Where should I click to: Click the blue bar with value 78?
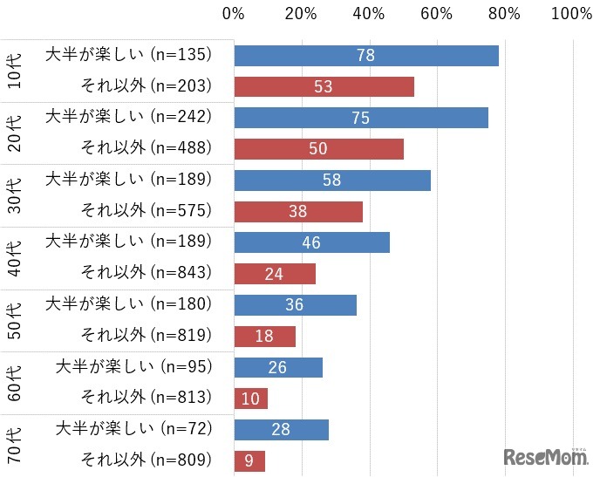coord(366,56)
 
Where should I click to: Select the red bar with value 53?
coord(324,87)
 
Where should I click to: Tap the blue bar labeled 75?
coord(361,118)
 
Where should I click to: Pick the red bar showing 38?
coord(298,212)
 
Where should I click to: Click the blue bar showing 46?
coord(311,242)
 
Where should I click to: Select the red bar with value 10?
coord(251,399)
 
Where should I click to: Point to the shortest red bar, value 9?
coord(249,460)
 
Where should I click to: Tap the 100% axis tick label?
coord(572,14)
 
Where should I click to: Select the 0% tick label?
coord(233,14)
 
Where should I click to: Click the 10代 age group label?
coord(15,71)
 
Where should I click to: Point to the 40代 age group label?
coord(15,258)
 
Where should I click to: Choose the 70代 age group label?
coord(15,446)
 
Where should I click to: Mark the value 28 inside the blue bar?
coord(281,430)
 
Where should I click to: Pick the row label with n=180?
coord(128,303)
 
